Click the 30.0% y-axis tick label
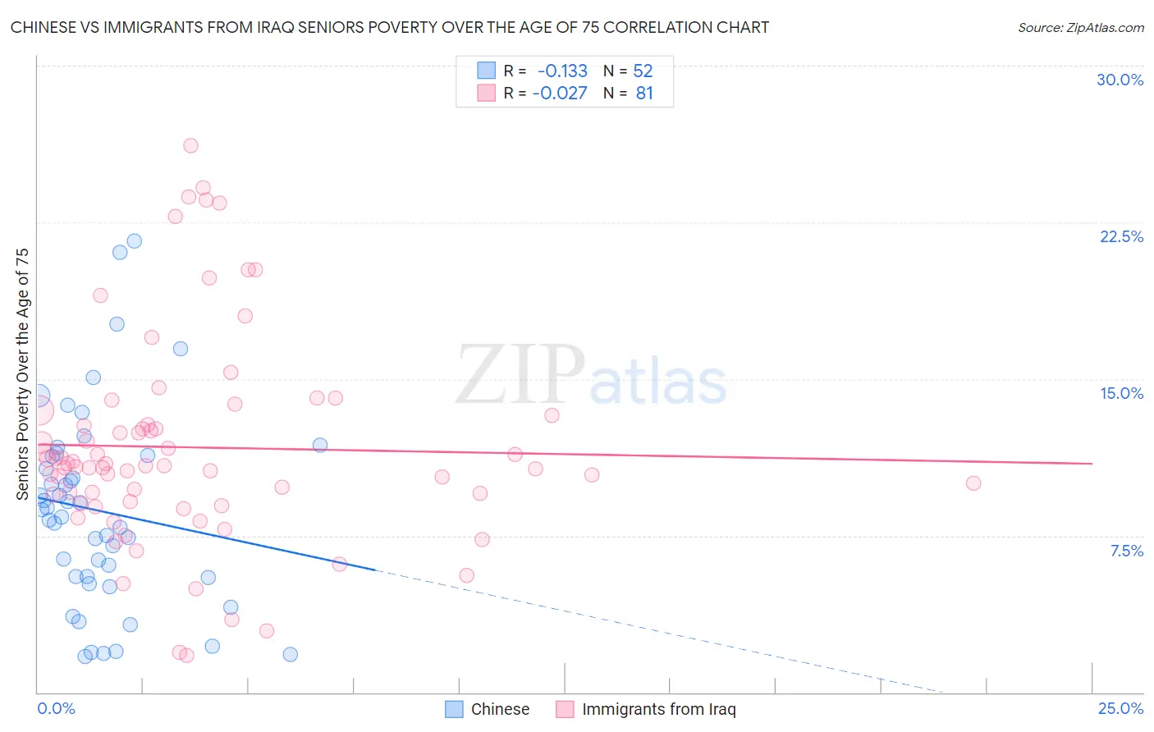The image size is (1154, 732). [x=1120, y=80]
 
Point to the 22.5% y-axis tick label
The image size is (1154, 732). [x=1121, y=236]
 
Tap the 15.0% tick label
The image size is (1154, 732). [x=1121, y=393]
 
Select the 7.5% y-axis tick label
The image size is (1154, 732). [x=1126, y=551]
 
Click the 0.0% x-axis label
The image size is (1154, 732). [x=56, y=708]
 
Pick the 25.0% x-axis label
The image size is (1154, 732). [x=1120, y=708]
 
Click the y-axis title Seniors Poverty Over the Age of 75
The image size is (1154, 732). [x=22, y=373]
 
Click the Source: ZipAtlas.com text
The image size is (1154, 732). [x=1080, y=27]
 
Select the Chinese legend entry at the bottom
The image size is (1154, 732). [x=488, y=709]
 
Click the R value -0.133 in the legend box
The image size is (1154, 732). [x=562, y=71]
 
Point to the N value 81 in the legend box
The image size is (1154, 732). [x=644, y=94]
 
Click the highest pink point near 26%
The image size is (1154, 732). [x=190, y=145]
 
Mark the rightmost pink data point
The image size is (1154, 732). [x=973, y=483]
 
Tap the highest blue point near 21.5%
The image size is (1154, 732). [x=134, y=240]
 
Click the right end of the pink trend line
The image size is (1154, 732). [x=1092, y=464]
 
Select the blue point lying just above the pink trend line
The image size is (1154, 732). [x=320, y=445]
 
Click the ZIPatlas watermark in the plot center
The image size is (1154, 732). [x=591, y=376]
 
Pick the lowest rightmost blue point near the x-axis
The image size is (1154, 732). [x=290, y=654]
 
